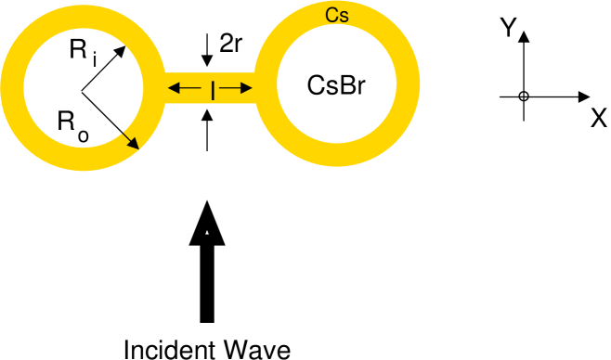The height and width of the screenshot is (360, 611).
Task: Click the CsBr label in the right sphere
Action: coord(335,85)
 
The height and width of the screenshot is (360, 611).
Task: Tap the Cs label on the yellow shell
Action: coord(337,16)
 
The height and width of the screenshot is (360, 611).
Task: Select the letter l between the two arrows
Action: coord(213,90)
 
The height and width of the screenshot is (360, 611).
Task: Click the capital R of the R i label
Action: coord(78,51)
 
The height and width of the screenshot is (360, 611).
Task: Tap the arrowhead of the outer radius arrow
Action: coord(136,144)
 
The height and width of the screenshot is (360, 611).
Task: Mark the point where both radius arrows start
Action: coord(81,90)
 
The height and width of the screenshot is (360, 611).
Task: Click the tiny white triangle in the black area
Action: coord(206,233)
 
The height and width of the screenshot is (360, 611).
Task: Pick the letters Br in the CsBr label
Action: coord(351,85)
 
